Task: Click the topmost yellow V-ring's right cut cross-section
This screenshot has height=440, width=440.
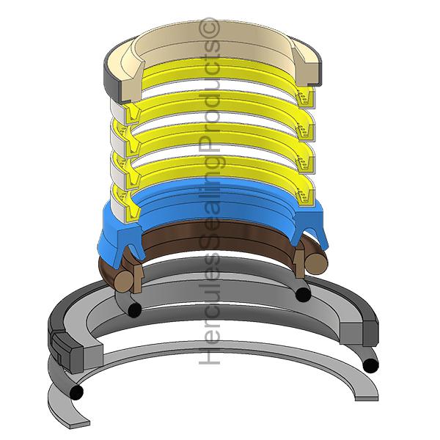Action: click(305, 97)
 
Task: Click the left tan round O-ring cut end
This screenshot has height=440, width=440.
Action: click(124, 280)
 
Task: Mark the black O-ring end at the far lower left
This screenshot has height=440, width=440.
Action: click(76, 392)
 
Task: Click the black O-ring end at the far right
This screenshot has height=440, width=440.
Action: click(370, 365)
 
